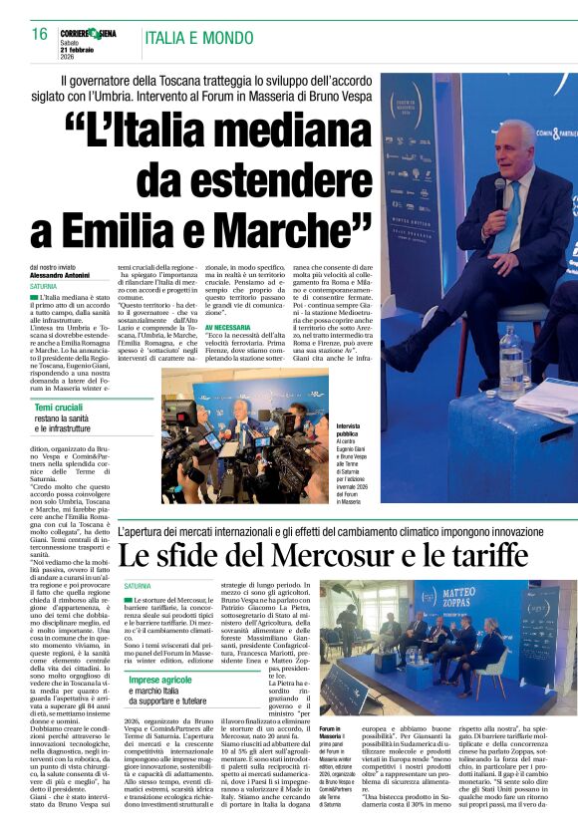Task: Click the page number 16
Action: [40, 34]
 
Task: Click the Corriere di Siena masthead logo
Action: [90, 34]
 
